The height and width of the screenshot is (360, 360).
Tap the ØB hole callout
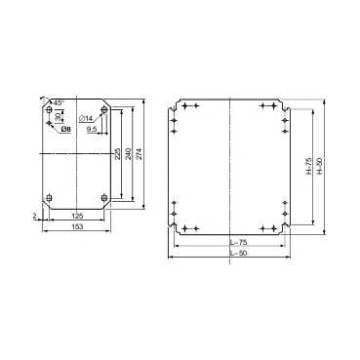[63, 129]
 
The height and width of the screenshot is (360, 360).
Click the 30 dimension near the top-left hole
[57, 121]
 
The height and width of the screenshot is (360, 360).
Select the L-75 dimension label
[230, 243]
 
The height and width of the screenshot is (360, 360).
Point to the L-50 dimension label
[230, 254]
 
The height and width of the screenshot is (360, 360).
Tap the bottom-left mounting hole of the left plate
[50, 201]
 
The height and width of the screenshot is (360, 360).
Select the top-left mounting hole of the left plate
[50, 111]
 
